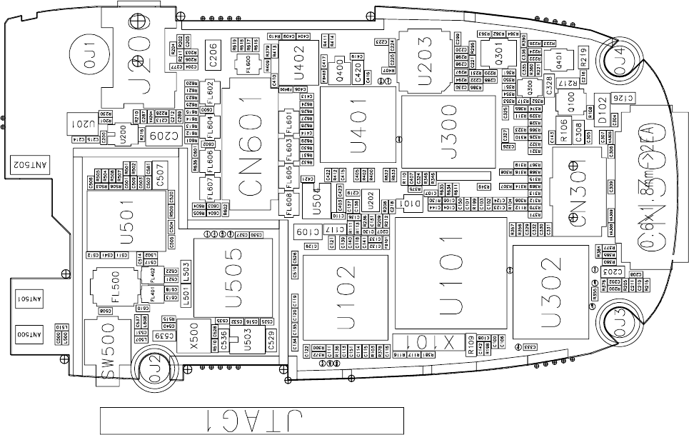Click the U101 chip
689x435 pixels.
[451, 274]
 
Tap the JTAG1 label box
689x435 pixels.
[251, 420]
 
